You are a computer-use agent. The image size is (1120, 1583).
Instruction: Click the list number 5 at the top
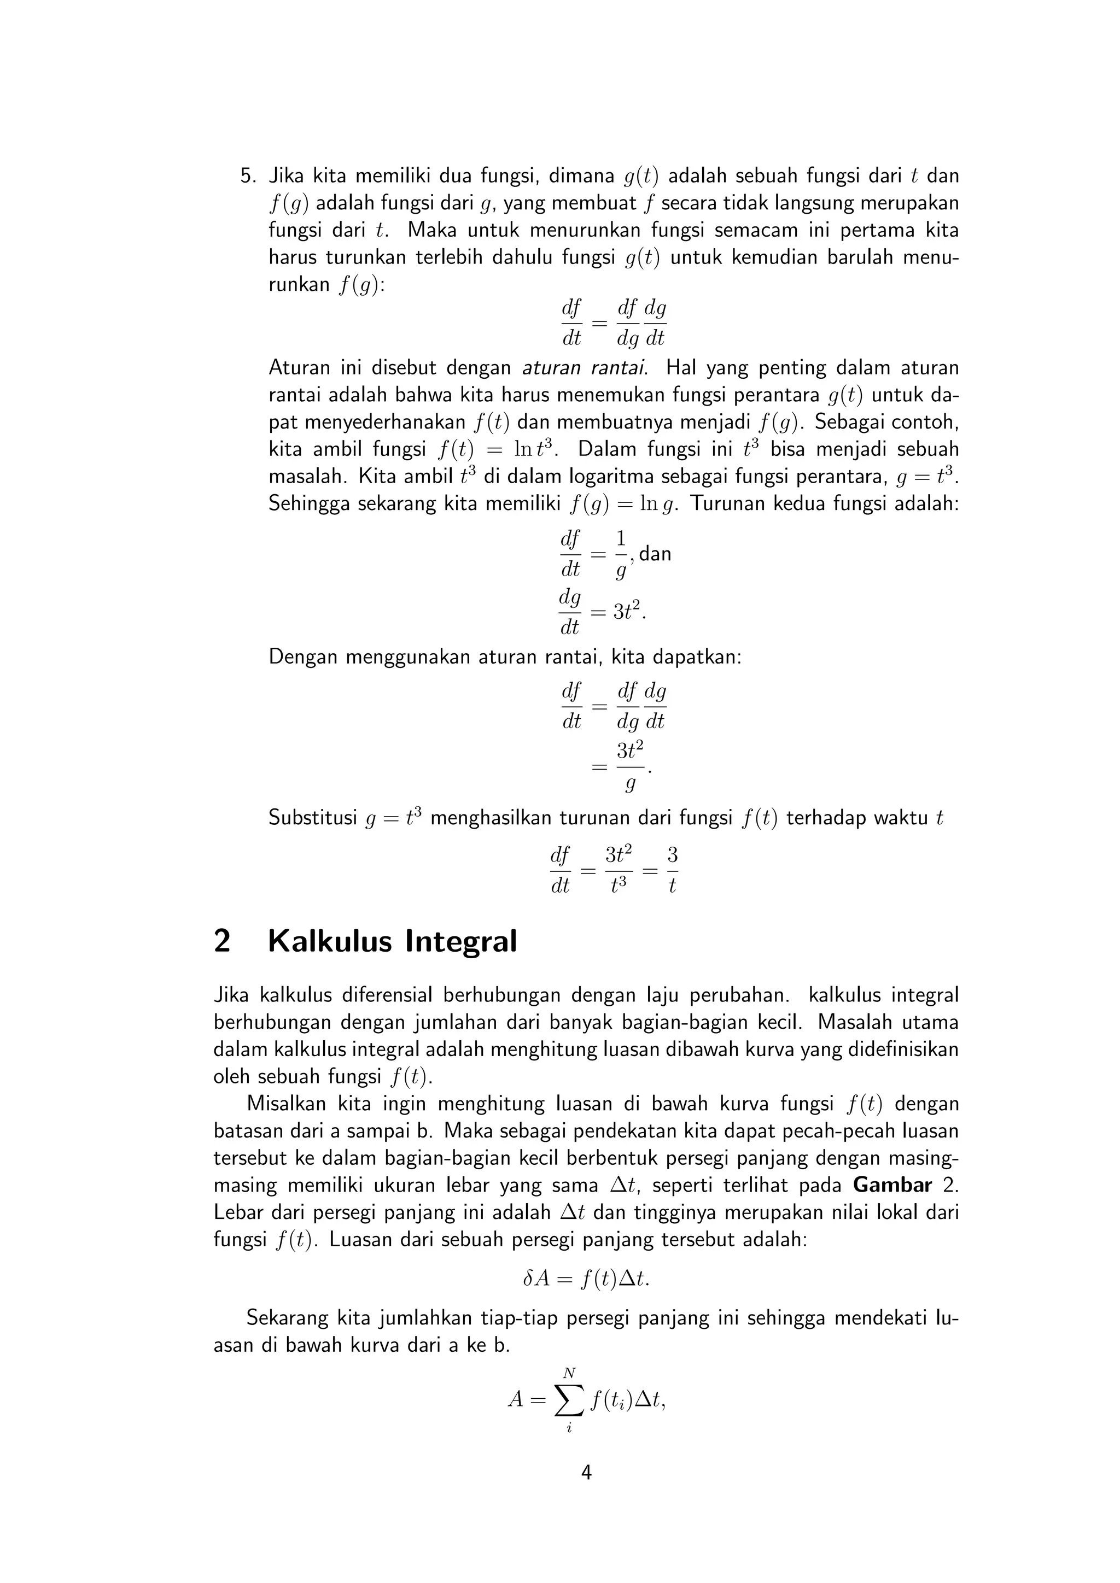point(246,177)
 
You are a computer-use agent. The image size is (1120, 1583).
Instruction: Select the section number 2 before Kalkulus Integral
point(222,941)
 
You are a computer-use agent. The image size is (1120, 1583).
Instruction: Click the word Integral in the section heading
point(460,941)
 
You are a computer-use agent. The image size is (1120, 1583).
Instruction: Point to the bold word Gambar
point(892,1185)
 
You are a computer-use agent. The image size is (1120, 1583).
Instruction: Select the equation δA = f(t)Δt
point(586,1279)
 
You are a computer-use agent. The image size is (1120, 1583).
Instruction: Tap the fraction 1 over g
point(621,554)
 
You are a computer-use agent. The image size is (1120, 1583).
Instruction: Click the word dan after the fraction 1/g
point(655,554)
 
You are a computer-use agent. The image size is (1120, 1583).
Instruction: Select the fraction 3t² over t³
point(619,871)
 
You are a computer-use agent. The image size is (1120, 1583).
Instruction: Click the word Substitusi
point(312,818)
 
